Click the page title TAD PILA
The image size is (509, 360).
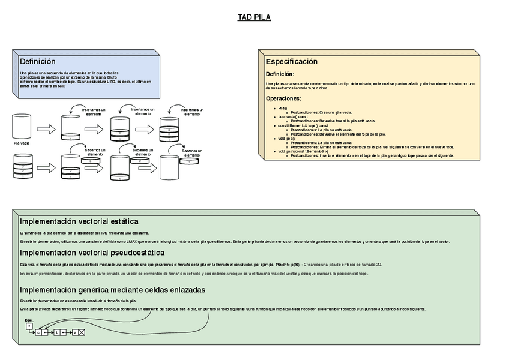point(254,17)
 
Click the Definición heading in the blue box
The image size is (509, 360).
point(37,61)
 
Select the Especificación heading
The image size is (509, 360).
point(291,62)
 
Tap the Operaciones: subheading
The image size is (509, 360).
point(283,98)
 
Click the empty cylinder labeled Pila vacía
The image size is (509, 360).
point(22,127)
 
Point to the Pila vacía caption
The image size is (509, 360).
point(22,143)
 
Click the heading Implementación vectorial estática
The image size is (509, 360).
point(79,221)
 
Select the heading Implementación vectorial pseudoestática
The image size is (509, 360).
point(92,253)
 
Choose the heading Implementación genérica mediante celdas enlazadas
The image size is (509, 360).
point(112,290)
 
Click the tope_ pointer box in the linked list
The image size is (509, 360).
point(29,326)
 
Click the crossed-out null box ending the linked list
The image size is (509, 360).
point(82,332)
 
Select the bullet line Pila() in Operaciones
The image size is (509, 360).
point(282,108)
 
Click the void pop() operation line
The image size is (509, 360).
point(286,138)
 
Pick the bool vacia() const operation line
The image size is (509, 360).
point(292,116)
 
